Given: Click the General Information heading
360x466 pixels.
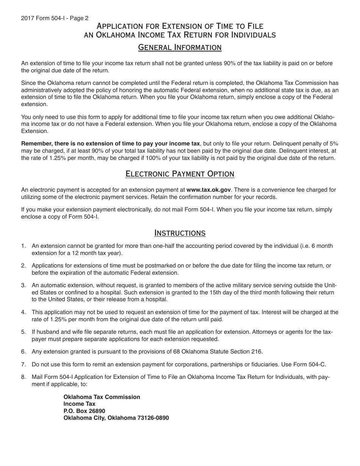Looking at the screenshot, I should pos(180,47).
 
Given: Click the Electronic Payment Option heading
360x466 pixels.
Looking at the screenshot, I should pos(180,174).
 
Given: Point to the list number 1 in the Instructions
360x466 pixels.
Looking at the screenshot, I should pos(23,246).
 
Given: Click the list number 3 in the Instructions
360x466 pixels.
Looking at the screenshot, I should pos(23,285).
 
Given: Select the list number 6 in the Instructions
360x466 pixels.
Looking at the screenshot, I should pos(23,352).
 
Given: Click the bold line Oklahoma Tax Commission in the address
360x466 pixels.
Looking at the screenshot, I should pos(102,397).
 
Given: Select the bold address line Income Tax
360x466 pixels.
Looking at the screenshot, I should pos(79,404).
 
